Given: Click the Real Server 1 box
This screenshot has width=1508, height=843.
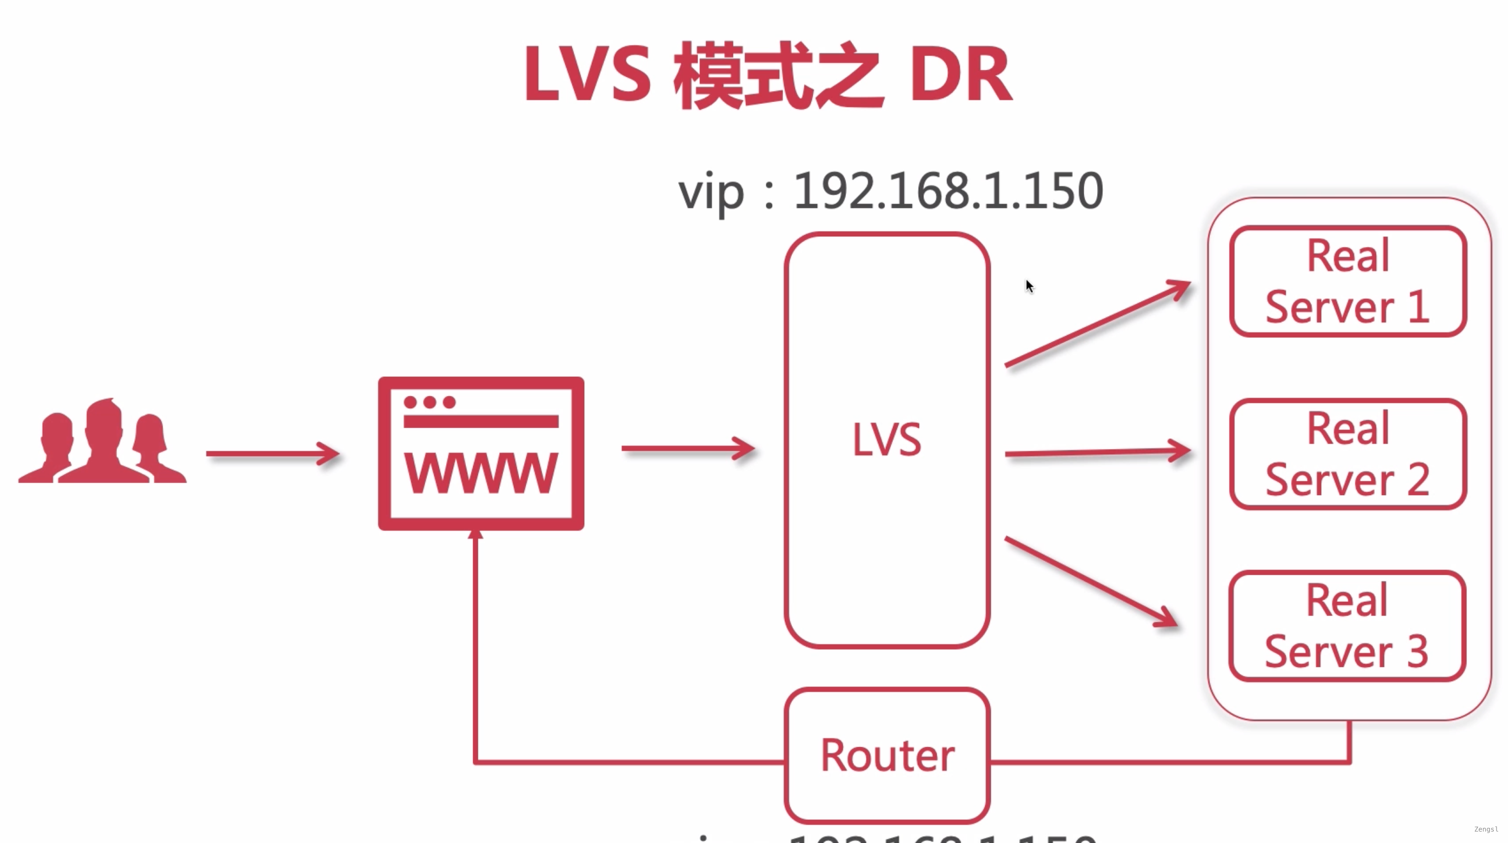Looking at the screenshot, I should pos(1348,281).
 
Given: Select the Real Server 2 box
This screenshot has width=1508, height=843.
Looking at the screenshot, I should pos(1348,454).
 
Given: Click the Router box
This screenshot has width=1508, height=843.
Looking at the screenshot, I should pos(887,755).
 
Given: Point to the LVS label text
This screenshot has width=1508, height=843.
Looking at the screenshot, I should pos(886,440).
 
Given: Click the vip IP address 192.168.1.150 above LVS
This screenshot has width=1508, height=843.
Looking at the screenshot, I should pos(948,191).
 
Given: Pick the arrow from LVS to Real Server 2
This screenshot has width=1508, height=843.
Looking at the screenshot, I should pos(1098,452).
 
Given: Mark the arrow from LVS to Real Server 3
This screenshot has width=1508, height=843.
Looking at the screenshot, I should pos(1092,582).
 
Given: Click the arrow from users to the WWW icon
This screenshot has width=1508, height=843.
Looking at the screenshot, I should pos(272,454).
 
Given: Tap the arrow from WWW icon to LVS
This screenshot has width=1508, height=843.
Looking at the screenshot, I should pos(688,449).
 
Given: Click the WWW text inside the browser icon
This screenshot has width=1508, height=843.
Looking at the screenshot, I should pos(481,473).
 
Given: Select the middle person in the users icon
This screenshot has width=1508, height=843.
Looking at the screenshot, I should pos(104,439).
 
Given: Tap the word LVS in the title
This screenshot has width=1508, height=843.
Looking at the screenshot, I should pos(587,75).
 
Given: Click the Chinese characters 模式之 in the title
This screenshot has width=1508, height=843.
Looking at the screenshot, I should pos(779,76).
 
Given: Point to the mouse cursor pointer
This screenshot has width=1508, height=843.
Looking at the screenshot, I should pos(1029,286).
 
